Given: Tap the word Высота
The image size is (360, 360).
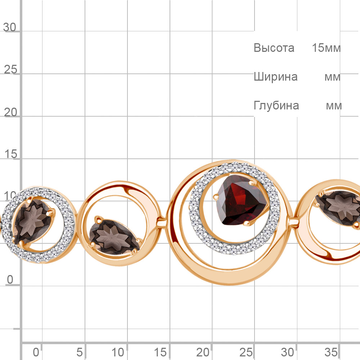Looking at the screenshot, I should (274, 48).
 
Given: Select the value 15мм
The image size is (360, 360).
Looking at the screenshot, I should (326, 48).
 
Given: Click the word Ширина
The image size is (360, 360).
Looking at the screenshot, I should (275, 77).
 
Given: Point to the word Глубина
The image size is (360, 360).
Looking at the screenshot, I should (276, 105).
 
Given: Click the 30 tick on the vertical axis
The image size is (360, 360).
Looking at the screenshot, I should (10, 27).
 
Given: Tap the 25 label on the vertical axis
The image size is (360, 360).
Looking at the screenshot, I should (10, 69).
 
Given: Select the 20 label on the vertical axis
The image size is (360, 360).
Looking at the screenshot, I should (10, 112).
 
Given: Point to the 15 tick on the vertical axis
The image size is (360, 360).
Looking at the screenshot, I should (10, 154).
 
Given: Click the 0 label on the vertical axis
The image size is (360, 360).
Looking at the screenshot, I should (10, 279).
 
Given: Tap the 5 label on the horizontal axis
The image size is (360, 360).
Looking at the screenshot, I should (80, 351).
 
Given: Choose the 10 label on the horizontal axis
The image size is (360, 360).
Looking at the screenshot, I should (118, 351).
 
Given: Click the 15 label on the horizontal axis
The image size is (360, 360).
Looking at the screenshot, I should (161, 351).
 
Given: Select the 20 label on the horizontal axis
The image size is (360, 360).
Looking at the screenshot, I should (203, 351).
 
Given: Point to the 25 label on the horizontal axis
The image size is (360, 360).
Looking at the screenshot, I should (246, 351).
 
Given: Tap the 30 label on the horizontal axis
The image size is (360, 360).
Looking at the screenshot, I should (288, 351).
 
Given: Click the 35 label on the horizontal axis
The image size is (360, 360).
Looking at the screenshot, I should (331, 351).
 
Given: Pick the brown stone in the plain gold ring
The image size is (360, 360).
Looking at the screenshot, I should (115, 236).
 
